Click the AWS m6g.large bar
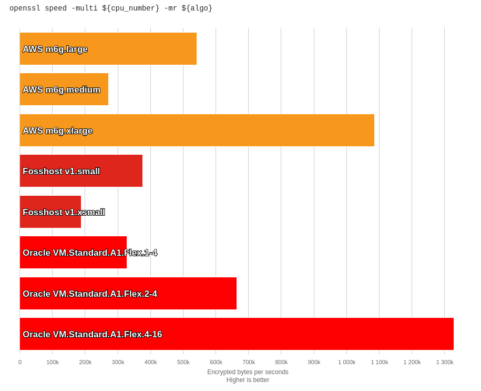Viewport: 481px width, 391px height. (x=108, y=49)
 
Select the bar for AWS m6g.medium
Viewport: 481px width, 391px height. (x=64, y=89)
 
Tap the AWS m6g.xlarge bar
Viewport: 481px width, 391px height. (x=197, y=131)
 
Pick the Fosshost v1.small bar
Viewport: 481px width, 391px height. (x=81, y=171)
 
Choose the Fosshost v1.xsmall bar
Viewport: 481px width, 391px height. (x=50, y=212)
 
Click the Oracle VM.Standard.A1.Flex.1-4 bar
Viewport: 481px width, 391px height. (x=73, y=253)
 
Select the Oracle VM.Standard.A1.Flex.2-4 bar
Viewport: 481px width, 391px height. (x=128, y=294)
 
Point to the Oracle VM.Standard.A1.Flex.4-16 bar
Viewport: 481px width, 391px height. (x=237, y=334)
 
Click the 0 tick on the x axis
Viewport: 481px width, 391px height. (x=20, y=362)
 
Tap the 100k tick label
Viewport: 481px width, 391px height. (x=53, y=362)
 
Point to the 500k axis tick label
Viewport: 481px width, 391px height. (x=183, y=362)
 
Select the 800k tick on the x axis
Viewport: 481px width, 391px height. (x=281, y=362)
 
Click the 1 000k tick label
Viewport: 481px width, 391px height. (x=347, y=362)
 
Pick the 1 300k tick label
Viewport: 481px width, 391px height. (x=445, y=362)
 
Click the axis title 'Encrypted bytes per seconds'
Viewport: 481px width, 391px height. (x=248, y=372)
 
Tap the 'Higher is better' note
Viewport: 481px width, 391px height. (x=248, y=380)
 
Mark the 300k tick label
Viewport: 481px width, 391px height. (x=118, y=362)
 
